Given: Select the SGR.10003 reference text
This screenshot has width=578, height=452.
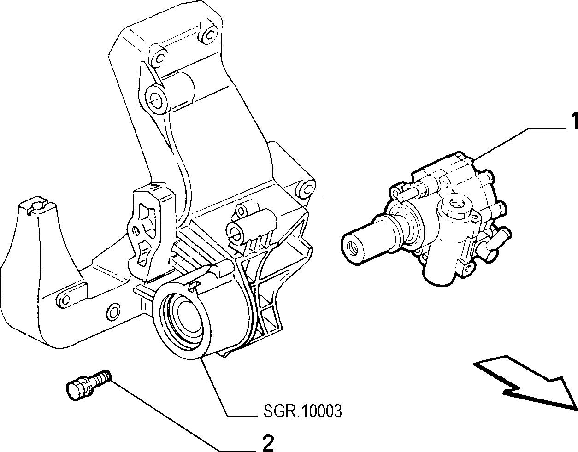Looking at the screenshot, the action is [302, 411].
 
